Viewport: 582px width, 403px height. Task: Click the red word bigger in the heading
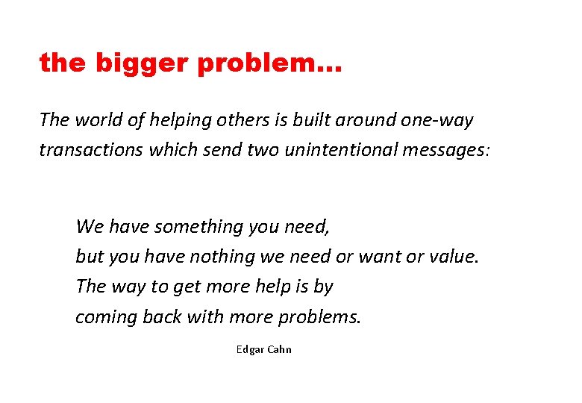click(141, 64)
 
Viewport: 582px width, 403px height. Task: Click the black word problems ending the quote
click(319, 318)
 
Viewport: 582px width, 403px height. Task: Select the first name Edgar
click(250, 349)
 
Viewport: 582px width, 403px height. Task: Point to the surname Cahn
click(280, 349)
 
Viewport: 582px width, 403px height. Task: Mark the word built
click(292, 119)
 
